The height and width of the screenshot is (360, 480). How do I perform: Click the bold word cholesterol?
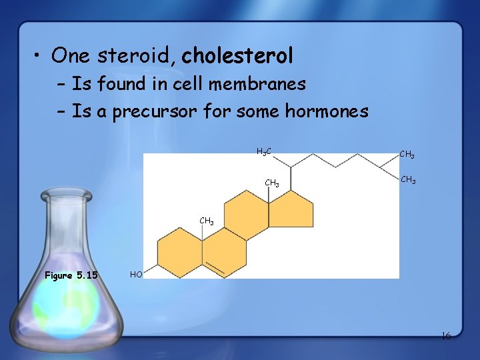[237, 56]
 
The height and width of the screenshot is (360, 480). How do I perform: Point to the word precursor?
[157, 111]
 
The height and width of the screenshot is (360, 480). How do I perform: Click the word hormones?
[326, 111]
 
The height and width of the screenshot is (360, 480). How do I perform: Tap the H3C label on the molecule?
[263, 152]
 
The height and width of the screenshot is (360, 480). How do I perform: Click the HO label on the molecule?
[136, 274]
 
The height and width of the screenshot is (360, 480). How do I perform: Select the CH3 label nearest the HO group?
[207, 221]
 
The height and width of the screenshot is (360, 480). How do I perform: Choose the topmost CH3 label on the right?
[407, 155]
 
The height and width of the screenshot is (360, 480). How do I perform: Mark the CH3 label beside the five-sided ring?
[272, 183]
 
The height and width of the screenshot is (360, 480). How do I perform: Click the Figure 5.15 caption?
[71, 275]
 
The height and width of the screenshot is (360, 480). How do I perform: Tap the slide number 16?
[446, 336]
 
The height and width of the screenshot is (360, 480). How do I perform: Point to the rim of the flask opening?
[66, 195]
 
